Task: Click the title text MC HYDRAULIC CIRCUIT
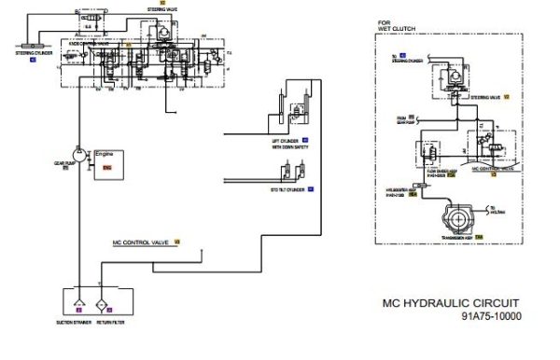click(452, 303)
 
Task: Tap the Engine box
click(107, 160)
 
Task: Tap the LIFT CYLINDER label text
click(287, 139)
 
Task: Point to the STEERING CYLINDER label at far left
click(34, 53)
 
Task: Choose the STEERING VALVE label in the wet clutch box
click(485, 96)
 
